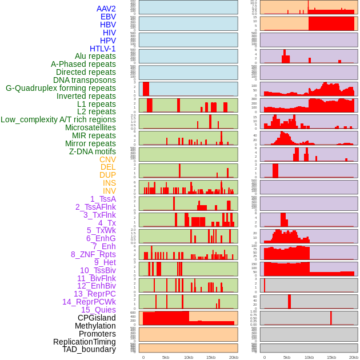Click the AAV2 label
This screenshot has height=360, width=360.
(x=106, y=9)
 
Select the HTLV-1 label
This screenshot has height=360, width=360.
(x=102, y=49)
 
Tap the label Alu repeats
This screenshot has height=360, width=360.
(x=95, y=56)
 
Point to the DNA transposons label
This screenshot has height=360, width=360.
(x=85, y=80)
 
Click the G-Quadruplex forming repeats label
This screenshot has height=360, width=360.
(x=61, y=88)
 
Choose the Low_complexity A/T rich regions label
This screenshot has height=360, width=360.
(x=58, y=119)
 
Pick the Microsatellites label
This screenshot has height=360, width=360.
(x=90, y=127)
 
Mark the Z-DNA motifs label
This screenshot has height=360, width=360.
(x=92, y=151)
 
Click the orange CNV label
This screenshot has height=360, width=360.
(x=107, y=159)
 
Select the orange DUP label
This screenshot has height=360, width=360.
(x=107, y=175)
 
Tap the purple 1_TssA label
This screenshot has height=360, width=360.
(x=103, y=199)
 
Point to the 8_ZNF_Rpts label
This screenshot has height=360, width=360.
(x=93, y=254)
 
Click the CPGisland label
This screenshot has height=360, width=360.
(x=97, y=318)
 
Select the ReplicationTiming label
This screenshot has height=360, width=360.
(x=84, y=342)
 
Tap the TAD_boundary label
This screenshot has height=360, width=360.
(x=89, y=349)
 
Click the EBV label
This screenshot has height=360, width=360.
(x=108, y=17)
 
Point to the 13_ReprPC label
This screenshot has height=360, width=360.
(x=94, y=294)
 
